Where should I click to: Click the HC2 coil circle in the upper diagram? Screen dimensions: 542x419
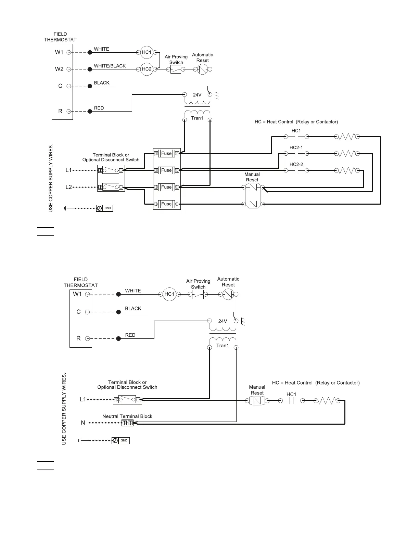click(147, 69)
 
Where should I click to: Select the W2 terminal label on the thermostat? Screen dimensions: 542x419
click(59, 69)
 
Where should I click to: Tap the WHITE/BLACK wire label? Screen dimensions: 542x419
click(110, 66)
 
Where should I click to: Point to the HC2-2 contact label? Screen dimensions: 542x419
click(296, 165)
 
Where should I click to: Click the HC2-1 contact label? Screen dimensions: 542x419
click(296, 148)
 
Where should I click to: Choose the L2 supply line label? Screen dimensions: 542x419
click(69, 187)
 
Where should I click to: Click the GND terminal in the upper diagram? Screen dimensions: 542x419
click(104, 208)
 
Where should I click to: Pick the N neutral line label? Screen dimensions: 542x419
click(83, 423)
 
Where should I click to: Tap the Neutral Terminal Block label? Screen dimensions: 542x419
click(127, 416)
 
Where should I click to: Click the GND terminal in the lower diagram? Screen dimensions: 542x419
click(121, 441)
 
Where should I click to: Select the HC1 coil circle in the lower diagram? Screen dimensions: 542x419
click(169, 294)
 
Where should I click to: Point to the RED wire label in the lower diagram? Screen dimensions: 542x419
click(130, 335)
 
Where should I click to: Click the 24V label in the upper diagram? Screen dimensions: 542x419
click(197, 95)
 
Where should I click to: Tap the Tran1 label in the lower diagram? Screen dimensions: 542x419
click(223, 346)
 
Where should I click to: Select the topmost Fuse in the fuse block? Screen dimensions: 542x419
click(166, 154)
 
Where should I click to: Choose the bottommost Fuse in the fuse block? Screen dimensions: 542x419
click(166, 204)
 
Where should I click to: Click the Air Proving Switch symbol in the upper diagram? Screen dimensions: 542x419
click(176, 69)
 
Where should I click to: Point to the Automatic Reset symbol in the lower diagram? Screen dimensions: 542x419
click(228, 294)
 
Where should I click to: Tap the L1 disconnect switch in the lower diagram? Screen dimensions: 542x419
click(127, 399)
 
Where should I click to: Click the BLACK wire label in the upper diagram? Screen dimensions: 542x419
click(102, 83)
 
